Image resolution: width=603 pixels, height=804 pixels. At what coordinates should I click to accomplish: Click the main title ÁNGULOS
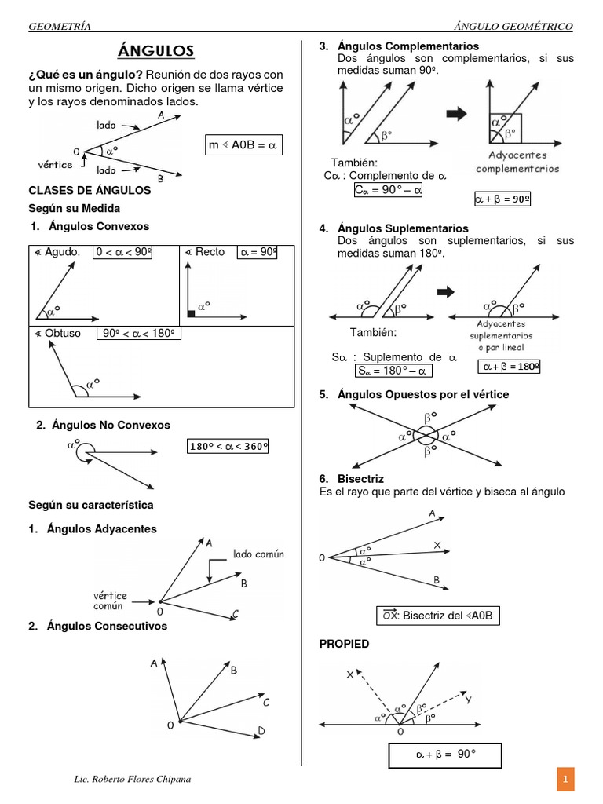click(155, 52)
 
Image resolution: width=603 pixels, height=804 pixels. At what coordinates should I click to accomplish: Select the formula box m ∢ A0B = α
click(243, 146)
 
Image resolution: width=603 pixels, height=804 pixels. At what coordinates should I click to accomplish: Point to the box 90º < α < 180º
click(139, 333)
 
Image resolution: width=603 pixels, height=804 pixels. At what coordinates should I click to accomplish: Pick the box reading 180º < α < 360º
click(228, 447)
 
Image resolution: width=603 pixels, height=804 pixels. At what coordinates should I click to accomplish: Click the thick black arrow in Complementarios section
click(456, 115)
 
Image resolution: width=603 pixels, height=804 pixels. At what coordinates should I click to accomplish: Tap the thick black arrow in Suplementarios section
click(445, 292)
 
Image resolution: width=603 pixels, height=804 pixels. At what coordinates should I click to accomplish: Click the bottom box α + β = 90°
click(445, 755)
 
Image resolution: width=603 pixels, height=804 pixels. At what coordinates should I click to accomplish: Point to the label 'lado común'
click(260, 554)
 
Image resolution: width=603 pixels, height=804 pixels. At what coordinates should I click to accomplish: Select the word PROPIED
click(344, 644)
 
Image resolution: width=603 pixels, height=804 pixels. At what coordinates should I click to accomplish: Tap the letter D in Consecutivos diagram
click(261, 732)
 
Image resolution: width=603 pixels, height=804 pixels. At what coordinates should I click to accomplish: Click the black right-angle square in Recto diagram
click(191, 313)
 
